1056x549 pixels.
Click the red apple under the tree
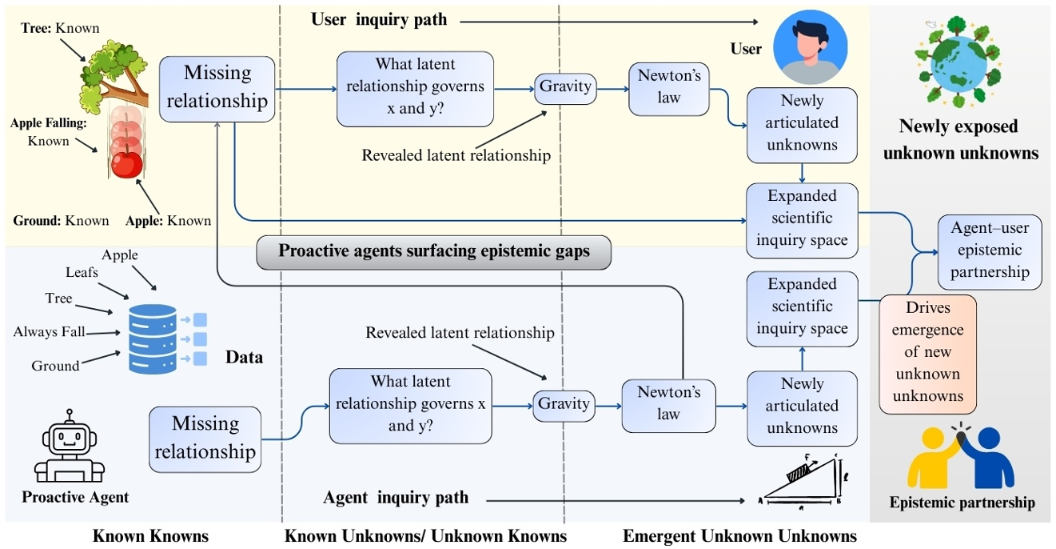[x=126, y=165]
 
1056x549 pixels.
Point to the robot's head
[x=70, y=437]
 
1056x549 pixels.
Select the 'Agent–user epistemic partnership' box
[x=990, y=250]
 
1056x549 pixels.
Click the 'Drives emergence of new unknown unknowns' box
[x=928, y=353]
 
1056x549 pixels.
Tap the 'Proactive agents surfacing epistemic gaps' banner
[x=434, y=250]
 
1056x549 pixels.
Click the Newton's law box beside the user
[x=669, y=86]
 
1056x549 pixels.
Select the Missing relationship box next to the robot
[x=205, y=439]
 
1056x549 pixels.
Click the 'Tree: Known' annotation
[x=60, y=28]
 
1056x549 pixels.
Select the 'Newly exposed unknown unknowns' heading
[x=960, y=139]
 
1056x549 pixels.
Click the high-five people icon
[x=962, y=457]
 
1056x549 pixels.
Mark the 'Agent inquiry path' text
[x=396, y=498]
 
